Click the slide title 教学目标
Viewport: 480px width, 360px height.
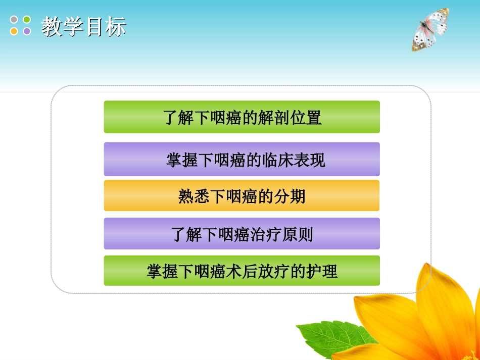[83, 27]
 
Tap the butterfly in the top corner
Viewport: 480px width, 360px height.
[430, 30]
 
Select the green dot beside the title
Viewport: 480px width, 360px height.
[27, 20]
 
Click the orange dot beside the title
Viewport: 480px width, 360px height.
[14, 31]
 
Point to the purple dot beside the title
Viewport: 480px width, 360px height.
[27, 31]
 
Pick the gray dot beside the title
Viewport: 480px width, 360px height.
[14, 20]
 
